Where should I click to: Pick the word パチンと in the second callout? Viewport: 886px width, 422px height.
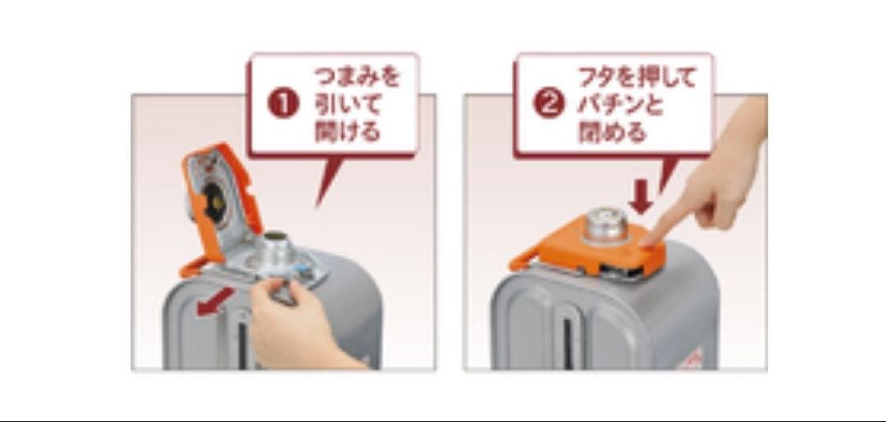click(x=620, y=105)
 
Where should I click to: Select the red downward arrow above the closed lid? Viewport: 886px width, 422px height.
click(x=641, y=198)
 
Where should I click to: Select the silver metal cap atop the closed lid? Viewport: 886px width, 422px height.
click(x=604, y=225)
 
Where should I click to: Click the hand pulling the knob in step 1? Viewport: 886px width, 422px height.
click(x=299, y=325)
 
